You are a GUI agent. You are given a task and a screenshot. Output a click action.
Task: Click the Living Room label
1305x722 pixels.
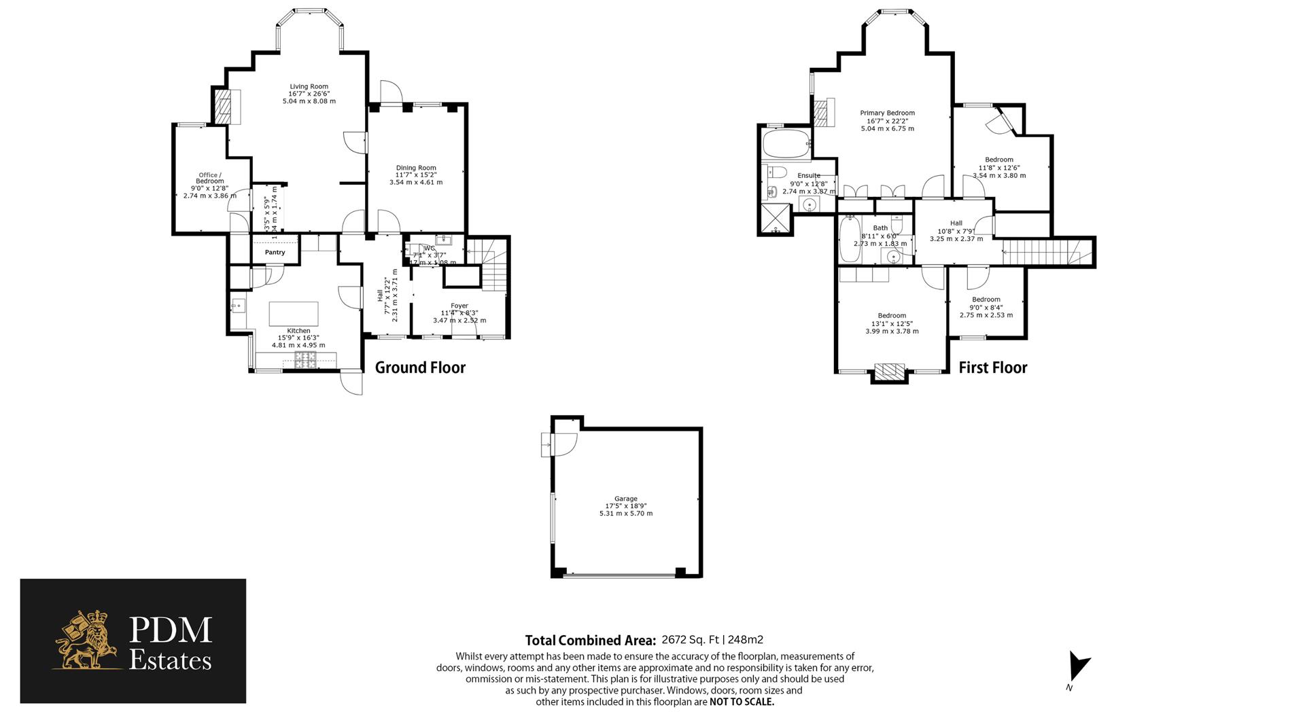pos(309,87)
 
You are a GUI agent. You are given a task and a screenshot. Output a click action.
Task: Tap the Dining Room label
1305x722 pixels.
pos(416,168)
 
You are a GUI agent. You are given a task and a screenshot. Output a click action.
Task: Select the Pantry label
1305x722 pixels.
pos(275,252)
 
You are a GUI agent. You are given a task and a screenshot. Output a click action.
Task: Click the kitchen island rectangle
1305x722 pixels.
pos(294,314)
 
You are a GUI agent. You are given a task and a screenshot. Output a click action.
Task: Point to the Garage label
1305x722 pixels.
pos(625,499)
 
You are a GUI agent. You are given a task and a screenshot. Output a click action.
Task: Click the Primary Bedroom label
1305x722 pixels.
pos(887,113)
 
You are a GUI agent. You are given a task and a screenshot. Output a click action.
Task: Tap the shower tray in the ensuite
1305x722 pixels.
pos(775,219)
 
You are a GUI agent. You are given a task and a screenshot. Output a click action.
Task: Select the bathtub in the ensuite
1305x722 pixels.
pos(784,144)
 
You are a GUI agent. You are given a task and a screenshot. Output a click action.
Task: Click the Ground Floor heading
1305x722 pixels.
pos(420,367)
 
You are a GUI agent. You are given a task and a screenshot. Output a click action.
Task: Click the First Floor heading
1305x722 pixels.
pos(992,367)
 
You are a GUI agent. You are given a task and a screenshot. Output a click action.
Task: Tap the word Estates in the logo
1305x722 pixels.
pos(170,660)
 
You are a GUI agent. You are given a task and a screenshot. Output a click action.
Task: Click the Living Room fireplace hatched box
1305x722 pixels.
pos(223,106)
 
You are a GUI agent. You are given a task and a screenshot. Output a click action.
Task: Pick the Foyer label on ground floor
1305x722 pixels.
pos(459,306)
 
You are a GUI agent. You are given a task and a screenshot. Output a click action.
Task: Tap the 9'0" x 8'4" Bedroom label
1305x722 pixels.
pos(986,300)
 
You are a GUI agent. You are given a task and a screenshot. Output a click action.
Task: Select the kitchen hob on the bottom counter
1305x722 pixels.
pos(305,359)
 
